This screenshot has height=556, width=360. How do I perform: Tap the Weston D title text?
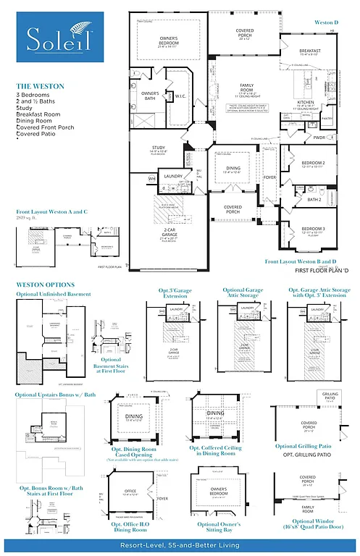[325, 22]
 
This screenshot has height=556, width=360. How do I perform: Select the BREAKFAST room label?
[309, 51]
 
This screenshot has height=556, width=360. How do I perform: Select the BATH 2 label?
[314, 199]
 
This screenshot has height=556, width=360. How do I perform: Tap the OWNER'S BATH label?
[149, 95]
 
